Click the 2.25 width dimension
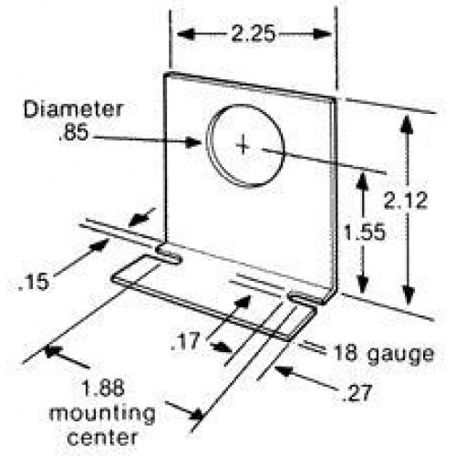253,34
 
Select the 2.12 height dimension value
406,201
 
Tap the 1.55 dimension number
364,233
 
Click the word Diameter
73,109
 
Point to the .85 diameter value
74,132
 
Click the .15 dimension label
34,282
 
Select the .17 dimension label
186,342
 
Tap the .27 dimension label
357,393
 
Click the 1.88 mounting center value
103,388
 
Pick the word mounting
102,414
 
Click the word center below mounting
103,438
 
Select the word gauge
400,355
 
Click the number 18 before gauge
346,353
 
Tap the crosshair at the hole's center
243,145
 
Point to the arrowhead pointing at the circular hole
193,142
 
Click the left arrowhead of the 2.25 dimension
186,34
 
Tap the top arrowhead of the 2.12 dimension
408,125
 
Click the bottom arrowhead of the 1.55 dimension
362,285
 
